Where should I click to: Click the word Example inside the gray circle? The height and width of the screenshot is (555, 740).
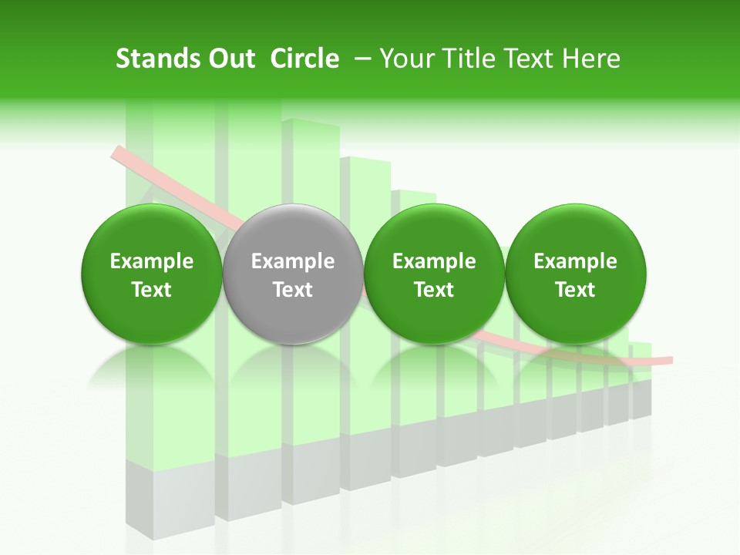(293, 261)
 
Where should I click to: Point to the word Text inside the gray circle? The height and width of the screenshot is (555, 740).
(293, 290)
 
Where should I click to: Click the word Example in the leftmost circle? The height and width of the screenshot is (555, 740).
(152, 261)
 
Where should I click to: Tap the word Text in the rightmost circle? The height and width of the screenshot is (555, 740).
(575, 290)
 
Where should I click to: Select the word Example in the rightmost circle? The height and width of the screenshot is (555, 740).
(575, 261)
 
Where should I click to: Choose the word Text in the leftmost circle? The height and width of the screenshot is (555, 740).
(152, 290)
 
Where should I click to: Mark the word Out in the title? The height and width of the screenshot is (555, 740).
(230, 59)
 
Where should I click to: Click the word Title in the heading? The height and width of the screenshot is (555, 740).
(470, 59)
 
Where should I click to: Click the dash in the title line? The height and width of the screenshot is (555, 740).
(359, 59)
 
